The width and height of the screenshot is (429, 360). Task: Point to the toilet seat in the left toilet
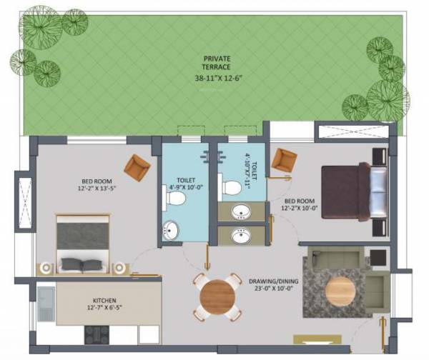172,196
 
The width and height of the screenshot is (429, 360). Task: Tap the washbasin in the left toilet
172,231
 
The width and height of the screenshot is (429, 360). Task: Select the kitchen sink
46,303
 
